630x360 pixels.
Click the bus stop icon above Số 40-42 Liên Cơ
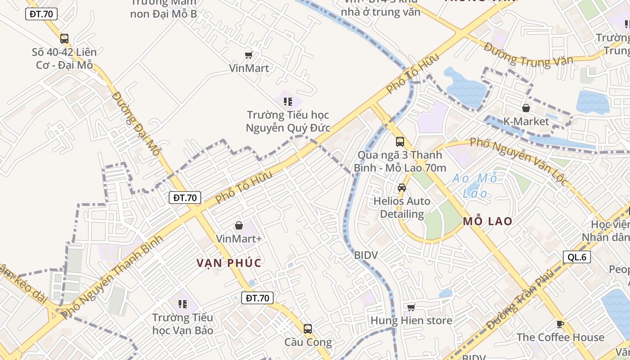click(64, 39)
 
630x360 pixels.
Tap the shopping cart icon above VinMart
click(248, 55)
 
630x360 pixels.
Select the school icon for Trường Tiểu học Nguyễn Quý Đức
click(288, 101)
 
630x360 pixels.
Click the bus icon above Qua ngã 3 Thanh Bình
click(400, 142)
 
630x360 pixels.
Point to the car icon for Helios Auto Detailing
click(402, 188)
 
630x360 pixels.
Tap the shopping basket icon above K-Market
click(526, 108)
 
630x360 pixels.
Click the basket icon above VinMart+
click(239, 225)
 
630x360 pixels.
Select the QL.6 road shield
click(576, 257)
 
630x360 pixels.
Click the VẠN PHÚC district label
click(229, 263)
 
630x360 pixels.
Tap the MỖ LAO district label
click(488, 221)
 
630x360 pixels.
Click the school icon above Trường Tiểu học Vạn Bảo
click(182, 304)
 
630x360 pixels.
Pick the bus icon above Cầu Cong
click(308, 329)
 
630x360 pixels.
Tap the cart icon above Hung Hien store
click(411, 308)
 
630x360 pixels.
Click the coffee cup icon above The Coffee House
click(560, 324)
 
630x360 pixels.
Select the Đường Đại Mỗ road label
click(136, 124)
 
